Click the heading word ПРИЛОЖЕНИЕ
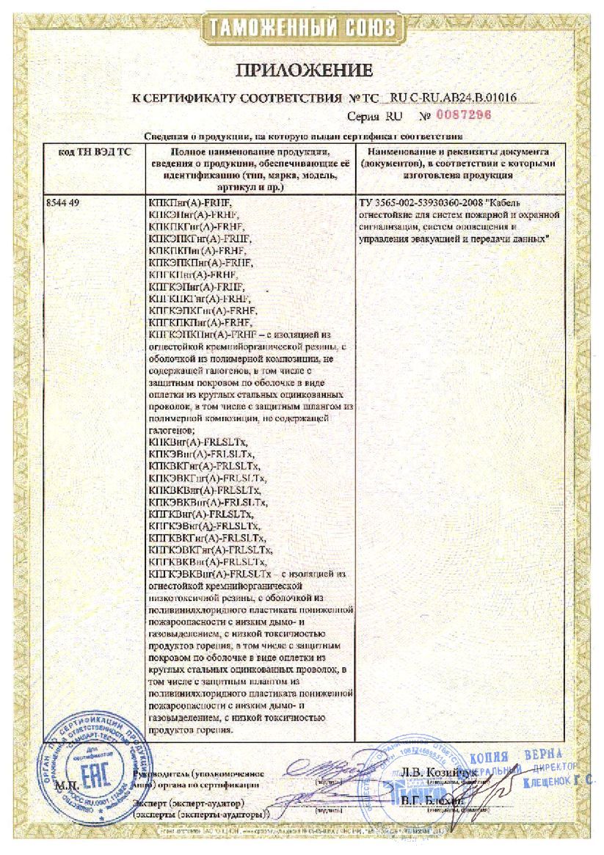click(x=304, y=71)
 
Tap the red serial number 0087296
click(x=463, y=115)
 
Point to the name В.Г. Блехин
click(x=433, y=801)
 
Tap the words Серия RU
click(x=374, y=116)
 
